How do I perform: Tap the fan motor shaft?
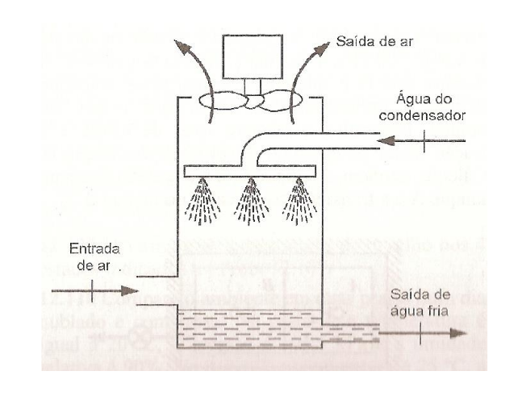[x=253, y=86]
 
